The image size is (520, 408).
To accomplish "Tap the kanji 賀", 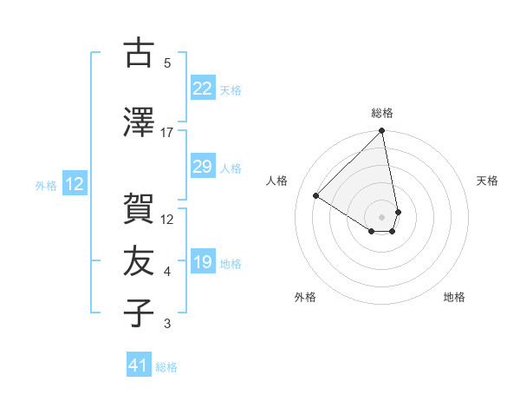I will [x=138, y=208].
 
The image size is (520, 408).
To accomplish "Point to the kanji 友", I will [x=138, y=261].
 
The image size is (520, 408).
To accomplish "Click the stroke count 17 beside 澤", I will [x=167, y=132].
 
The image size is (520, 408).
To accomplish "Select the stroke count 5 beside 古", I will [x=167, y=63].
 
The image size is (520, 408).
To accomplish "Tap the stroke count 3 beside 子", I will [x=167, y=325].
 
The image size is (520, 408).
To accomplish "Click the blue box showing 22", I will [x=202, y=89].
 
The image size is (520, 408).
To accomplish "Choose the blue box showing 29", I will [x=202, y=167].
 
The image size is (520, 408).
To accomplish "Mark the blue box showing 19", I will [x=202, y=262].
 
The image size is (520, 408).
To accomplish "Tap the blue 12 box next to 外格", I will [x=74, y=184].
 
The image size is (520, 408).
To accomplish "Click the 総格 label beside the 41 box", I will [x=166, y=367].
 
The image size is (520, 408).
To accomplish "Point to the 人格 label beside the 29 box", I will [x=231, y=168].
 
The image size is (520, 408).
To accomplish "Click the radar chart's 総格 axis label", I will [x=382, y=113].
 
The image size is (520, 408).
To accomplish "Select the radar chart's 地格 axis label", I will [x=454, y=297].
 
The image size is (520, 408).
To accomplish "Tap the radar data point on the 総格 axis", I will [x=382, y=132].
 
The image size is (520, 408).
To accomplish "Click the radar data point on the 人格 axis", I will [x=316, y=196].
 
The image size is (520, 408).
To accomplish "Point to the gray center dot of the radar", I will [x=382, y=217].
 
